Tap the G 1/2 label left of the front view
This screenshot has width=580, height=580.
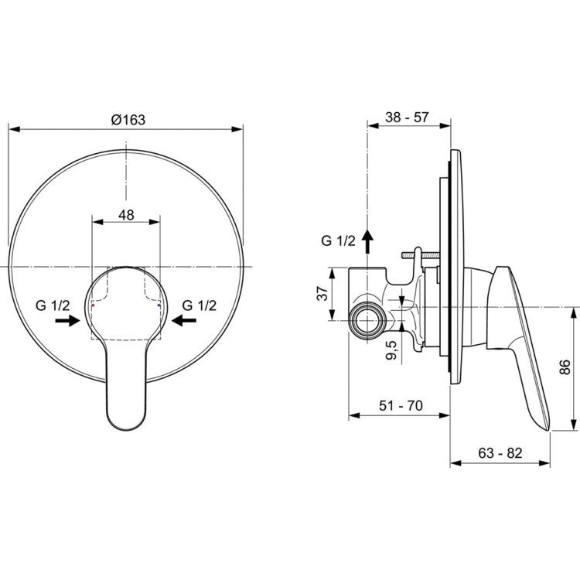click(x=53, y=305)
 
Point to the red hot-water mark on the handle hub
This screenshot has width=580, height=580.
click(x=93, y=307)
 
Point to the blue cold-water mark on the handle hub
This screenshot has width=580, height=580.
click(x=159, y=307)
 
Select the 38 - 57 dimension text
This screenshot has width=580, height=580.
click(x=408, y=118)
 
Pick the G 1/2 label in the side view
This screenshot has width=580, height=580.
click(x=338, y=241)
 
